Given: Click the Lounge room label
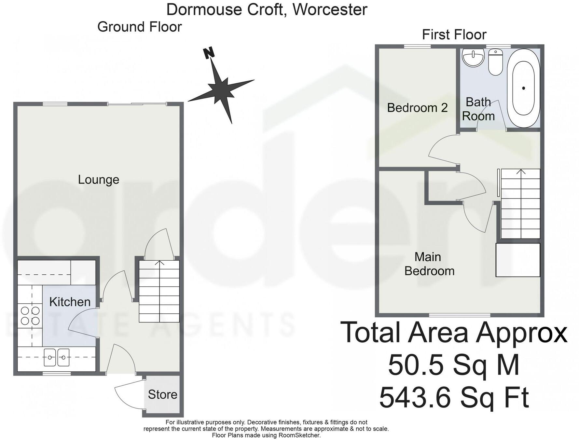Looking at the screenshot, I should pos(99,180).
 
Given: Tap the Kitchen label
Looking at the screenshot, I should pos(70,302).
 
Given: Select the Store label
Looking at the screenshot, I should pos(162,394).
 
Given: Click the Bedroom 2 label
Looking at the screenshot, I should pos(417,108).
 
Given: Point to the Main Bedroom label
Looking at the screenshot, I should pos(429,264).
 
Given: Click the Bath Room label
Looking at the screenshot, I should pos(478,109).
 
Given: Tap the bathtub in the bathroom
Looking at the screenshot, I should pos(523,88).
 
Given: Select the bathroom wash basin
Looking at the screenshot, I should pos(473,58).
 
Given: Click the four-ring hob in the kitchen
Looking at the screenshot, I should pos(30,316).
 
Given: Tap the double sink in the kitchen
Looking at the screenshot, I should pos(57,357).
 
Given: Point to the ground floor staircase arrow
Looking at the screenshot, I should pos(159,263).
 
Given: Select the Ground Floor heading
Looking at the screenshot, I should pos(139,27).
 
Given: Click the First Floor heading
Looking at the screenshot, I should pos(454,34).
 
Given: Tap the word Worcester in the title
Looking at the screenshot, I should pos(330,9).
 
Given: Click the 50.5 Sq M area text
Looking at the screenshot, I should pos(454,365).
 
